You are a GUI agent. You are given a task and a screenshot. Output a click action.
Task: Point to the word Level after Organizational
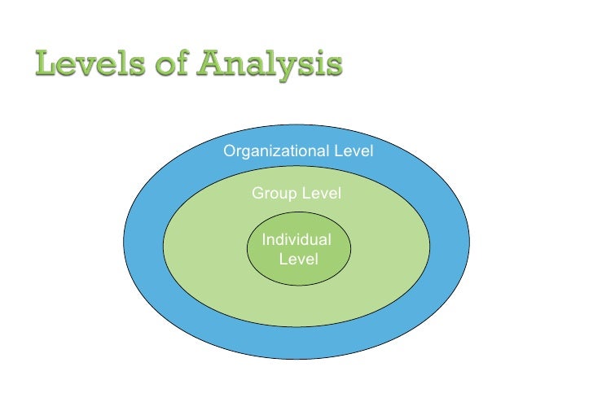354,151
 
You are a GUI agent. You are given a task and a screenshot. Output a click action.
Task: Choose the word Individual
296,240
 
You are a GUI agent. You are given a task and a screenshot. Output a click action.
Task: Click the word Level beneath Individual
298,260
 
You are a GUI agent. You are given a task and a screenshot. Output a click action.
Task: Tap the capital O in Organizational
230,151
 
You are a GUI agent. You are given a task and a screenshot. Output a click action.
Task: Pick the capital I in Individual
263,240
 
